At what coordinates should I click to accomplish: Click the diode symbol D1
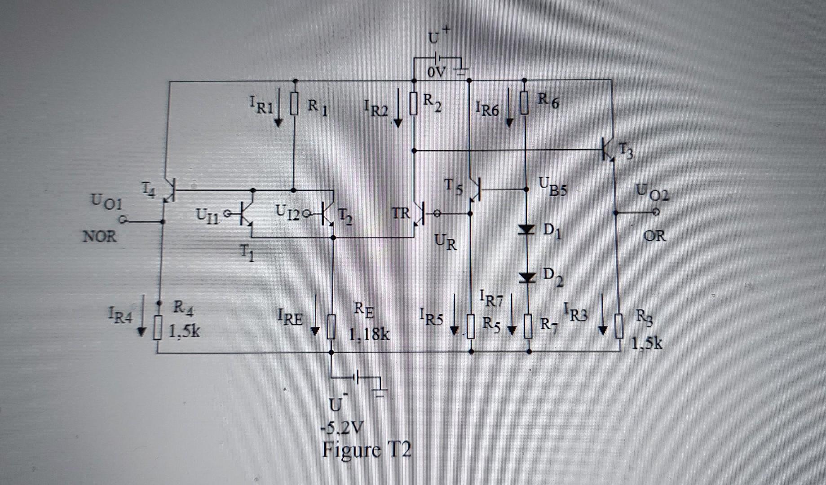[527, 230]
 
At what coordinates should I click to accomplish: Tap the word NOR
[99, 236]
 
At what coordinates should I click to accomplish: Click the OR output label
[654, 235]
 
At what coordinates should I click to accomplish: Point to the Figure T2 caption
[367, 449]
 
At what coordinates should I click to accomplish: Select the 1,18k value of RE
[370, 335]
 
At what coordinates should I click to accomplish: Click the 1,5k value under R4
[185, 331]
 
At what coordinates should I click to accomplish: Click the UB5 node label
[553, 185]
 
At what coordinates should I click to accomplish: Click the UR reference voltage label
[445, 242]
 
